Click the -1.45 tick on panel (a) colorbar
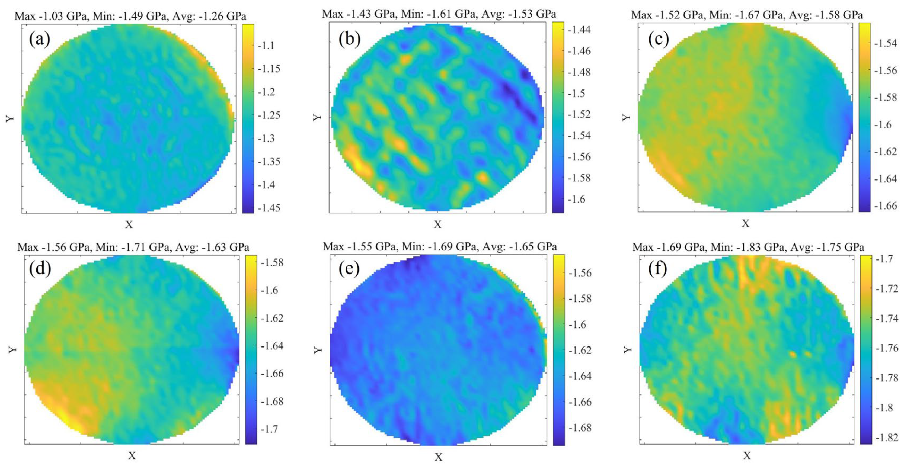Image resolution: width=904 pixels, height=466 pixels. click(269, 208)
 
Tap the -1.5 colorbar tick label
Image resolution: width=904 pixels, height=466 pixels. click(576, 94)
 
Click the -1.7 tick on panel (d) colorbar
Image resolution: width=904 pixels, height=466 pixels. click(269, 429)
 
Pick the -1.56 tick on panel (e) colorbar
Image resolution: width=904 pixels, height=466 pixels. click(579, 273)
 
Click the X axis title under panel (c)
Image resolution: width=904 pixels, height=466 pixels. click(745, 223)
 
